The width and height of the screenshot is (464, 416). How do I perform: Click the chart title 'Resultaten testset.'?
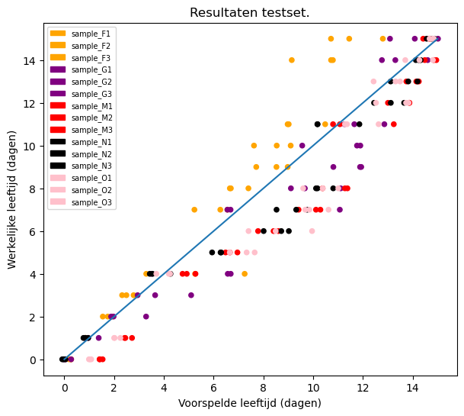click(249, 12)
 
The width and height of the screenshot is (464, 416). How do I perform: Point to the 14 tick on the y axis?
click(44, 60)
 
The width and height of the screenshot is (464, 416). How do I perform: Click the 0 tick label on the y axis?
click(34, 360)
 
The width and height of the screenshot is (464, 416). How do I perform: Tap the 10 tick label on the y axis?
click(31, 146)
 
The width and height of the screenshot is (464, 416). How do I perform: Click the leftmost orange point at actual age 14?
click(291, 60)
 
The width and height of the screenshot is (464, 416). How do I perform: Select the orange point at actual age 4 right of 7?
click(245, 274)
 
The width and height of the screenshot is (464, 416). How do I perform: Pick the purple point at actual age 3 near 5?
click(191, 295)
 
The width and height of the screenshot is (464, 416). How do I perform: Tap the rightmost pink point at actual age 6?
click(312, 231)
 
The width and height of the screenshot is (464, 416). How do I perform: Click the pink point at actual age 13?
click(373, 82)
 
